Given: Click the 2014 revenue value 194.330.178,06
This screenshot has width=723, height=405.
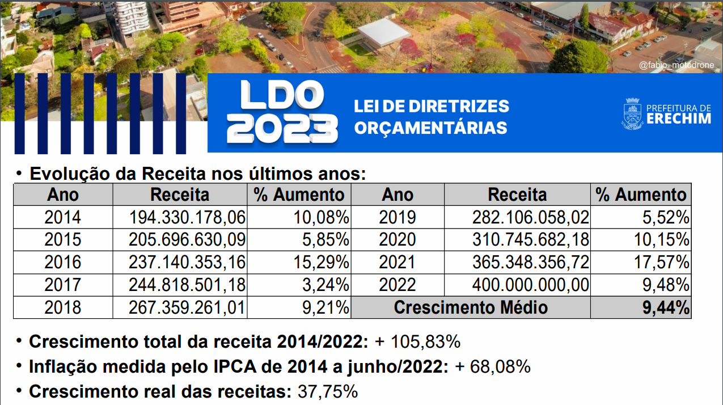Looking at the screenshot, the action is tap(187, 217).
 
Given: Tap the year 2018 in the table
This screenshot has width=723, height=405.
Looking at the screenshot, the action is tap(62, 307).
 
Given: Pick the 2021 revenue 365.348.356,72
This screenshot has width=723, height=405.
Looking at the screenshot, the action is tap(531, 262).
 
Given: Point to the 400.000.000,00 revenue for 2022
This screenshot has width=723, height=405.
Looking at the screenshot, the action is tap(531, 285).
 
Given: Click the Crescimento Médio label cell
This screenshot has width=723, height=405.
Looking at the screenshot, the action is tap(471, 307).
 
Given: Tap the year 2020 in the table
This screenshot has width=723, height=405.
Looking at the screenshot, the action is tap(398, 239).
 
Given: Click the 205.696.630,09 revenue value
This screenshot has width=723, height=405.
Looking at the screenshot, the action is tap(187, 239).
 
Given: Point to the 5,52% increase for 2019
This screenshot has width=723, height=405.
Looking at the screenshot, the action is tap(666, 217).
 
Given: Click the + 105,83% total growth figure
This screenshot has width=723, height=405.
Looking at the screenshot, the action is tap(418, 341).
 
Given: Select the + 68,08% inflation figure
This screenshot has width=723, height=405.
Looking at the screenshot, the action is tap(493, 366).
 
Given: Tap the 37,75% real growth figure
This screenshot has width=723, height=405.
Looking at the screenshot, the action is tap(328, 391).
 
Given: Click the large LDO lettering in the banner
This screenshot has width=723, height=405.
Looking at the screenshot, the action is tap(282, 95).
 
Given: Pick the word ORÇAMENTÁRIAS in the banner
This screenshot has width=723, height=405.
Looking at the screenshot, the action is tap(430, 128).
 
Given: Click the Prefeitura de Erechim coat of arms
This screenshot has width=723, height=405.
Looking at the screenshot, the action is tap(632, 113).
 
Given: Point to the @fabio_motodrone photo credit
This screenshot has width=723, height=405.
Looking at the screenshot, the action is tap(677, 65).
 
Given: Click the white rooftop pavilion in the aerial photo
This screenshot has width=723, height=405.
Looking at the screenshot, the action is tap(384, 32).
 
